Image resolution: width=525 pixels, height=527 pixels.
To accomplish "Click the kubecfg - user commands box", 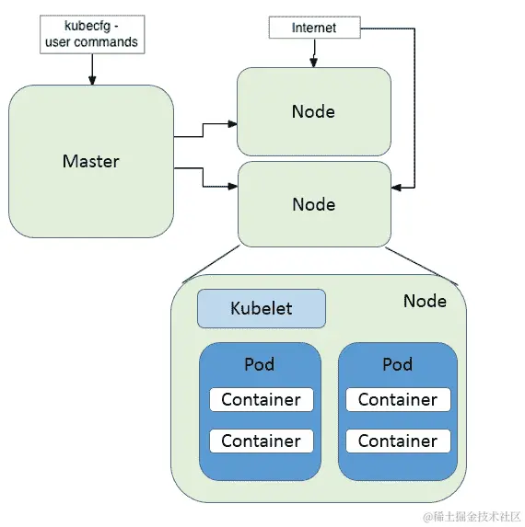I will tap(91, 33).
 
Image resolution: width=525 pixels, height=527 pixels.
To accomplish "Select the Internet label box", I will tap(313, 28).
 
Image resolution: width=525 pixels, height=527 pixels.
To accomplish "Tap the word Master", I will tap(90, 161).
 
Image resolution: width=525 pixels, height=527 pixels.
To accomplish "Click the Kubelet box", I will tap(261, 308).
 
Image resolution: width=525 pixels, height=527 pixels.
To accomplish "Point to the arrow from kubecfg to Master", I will tap(91, 69).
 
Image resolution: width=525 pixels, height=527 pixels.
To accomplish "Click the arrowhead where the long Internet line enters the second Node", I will tap(395, 187).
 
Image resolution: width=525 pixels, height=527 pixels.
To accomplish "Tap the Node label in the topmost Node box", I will tap(313, 112).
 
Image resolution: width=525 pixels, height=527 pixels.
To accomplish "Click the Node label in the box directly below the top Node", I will tap(313, 204).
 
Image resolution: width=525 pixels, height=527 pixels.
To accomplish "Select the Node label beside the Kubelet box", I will tap(425, 301).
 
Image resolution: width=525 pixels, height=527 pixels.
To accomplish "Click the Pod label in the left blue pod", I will tap(260, 364).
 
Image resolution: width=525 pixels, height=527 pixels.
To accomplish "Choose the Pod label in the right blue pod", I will tap(397, 364).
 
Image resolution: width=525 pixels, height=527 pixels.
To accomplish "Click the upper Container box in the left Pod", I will tap(261, 399).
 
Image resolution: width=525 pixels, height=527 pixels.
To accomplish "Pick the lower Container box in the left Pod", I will tap(261, 441).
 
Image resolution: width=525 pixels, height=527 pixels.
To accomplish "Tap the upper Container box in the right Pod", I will tap(397, 399).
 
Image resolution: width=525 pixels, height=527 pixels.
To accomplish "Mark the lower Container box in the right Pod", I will tap(397, 441).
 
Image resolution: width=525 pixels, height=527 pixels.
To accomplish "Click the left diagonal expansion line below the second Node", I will tap(211, 264).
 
